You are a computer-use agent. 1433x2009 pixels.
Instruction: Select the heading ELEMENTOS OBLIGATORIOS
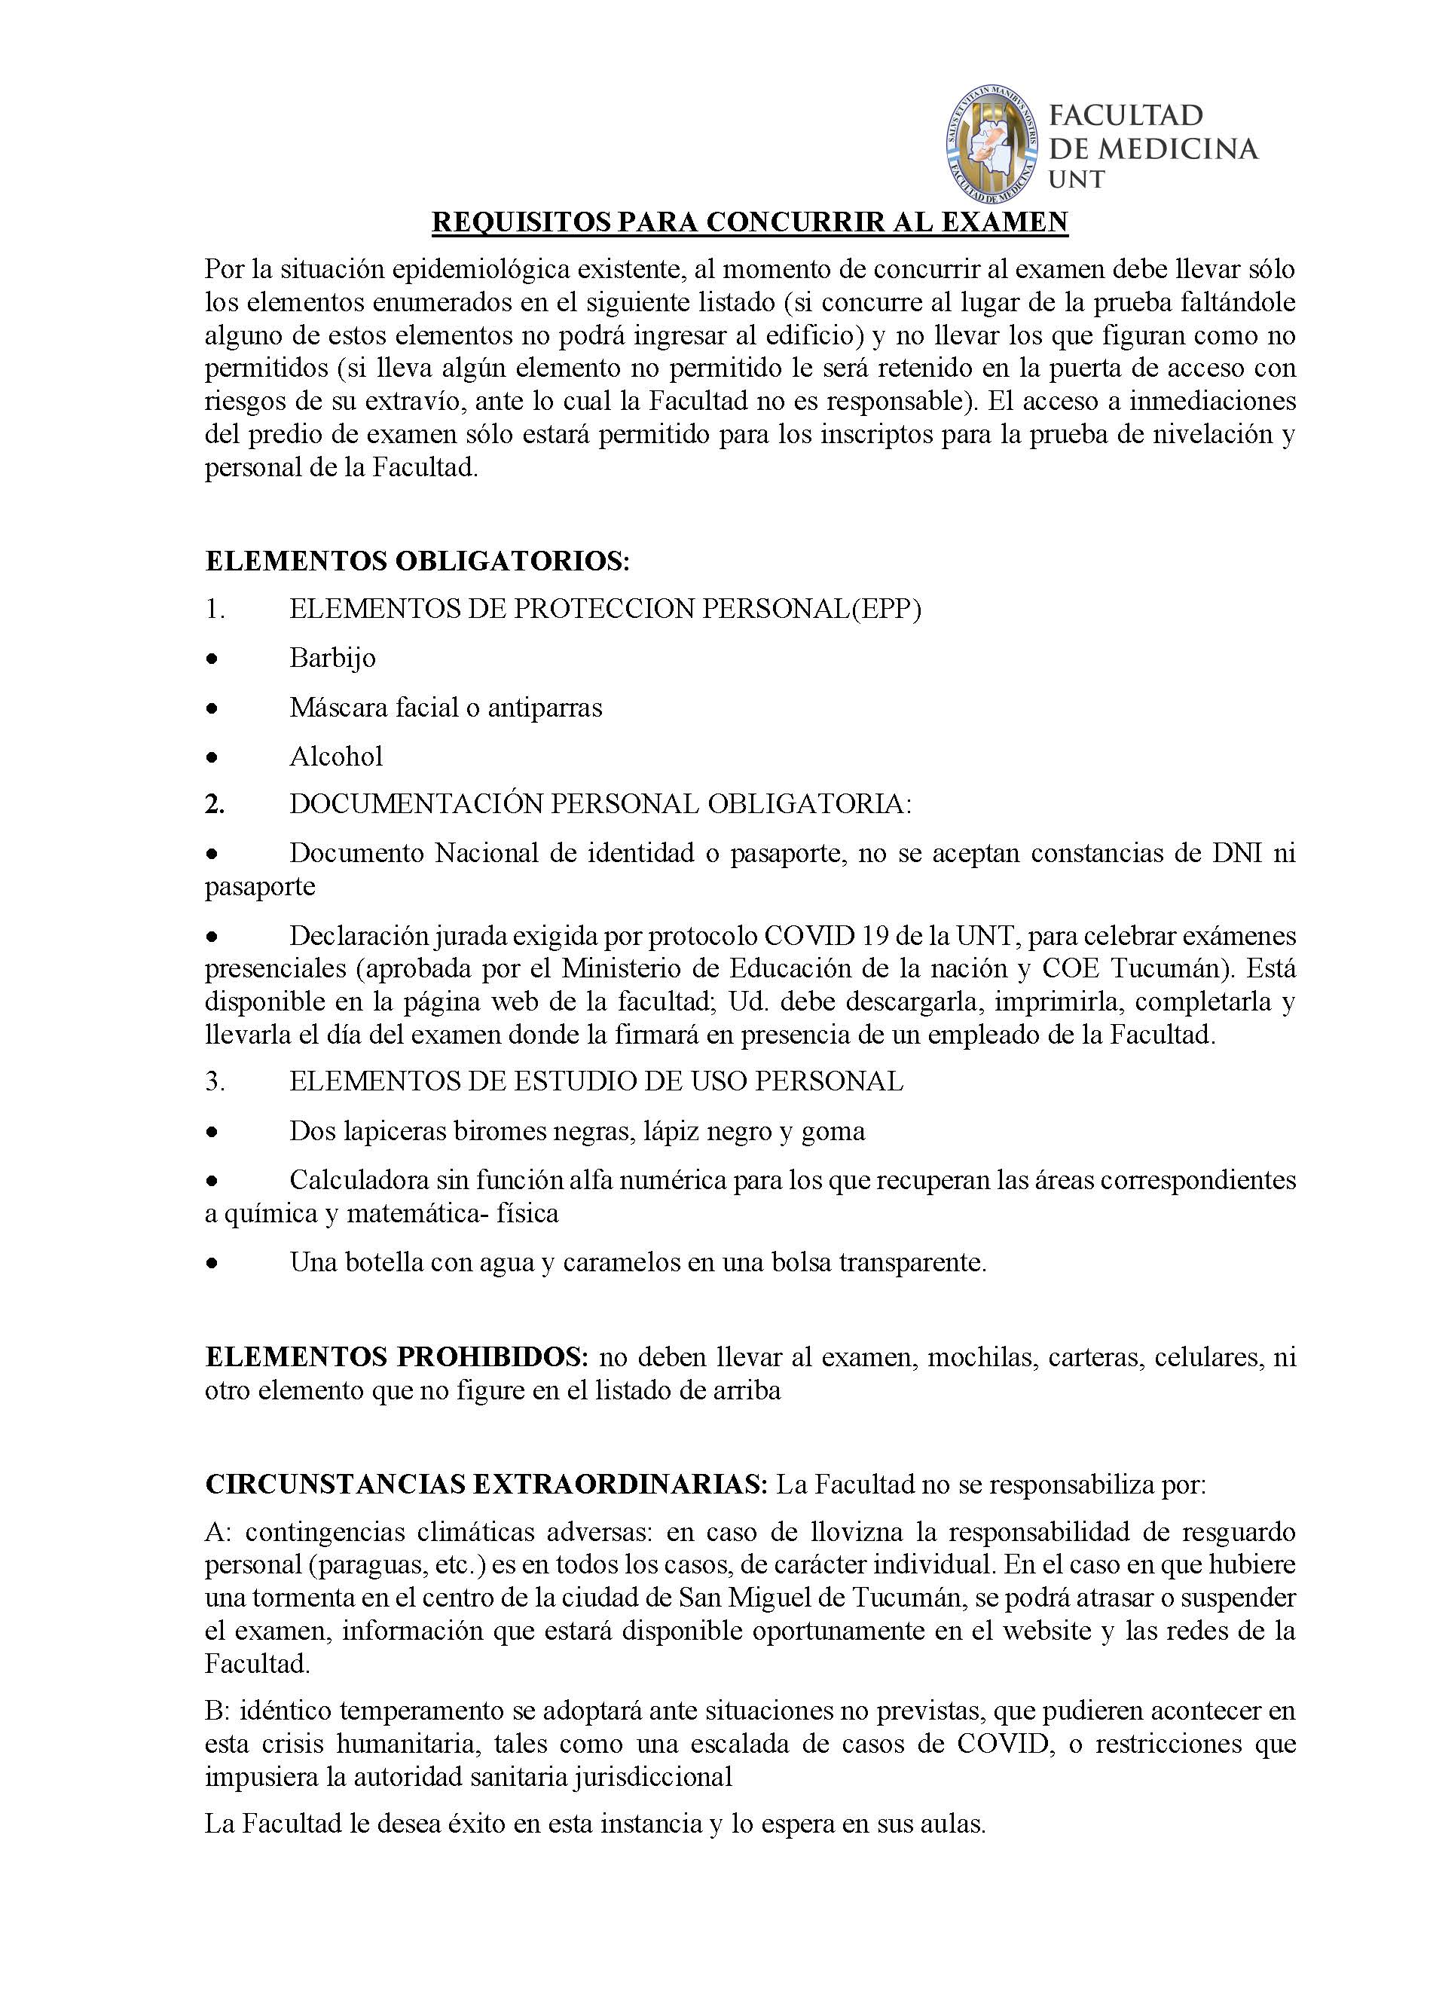(417, 561)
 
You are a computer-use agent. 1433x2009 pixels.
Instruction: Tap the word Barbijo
(333, 658)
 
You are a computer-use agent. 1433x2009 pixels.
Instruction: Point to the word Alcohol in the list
(336, 756)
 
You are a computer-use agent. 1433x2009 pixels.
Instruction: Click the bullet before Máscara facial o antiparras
(211, 708)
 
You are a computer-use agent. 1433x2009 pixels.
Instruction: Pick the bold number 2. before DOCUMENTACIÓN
(215, 805)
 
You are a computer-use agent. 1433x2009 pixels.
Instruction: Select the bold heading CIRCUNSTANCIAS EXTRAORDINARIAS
(486, 1485)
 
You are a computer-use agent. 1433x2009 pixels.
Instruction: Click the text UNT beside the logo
(1077, 180)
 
